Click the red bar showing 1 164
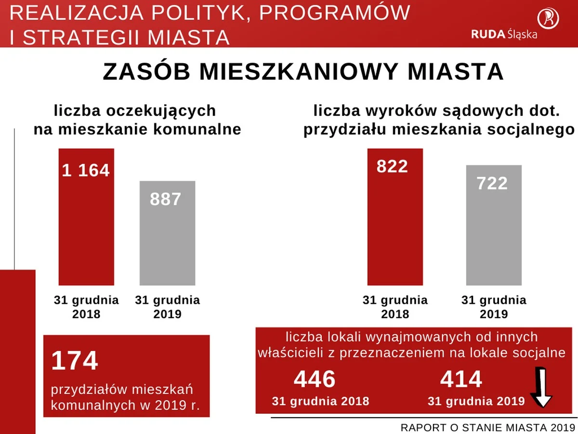click(86, 217)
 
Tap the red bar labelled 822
click(395, 217)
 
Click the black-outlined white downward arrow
click(541, 389)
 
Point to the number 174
click(75, 361)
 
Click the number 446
click(315, 380)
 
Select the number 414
click(461, 380)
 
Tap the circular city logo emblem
click(548, 18)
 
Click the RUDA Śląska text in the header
click(504, 34)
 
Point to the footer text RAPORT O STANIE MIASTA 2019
click(487, 427)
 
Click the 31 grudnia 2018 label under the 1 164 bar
click(86, 307)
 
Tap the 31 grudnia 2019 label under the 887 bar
click(167, 307)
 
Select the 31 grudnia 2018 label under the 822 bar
click(395, 307)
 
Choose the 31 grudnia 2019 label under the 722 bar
click(494, 307)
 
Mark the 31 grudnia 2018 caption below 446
click(320, 401)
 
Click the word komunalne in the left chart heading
click(202, 129)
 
